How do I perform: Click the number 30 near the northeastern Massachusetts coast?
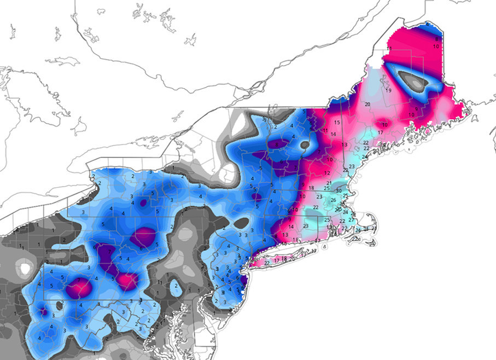click(339, 190)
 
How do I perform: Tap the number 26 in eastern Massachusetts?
click(333, 200)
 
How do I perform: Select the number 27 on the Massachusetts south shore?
click(351, 219)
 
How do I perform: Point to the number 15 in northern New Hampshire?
click(337, 122)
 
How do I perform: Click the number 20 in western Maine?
click(367, 104)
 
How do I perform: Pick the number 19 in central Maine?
click(388, 90)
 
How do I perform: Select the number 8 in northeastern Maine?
click(437, 39)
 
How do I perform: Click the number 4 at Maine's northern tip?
click(427, 25)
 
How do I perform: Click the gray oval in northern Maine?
click(413, 81)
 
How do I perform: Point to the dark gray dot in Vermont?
click(305, 146)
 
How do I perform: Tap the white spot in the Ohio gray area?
click(25, 268)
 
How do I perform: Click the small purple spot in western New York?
click(143, 202)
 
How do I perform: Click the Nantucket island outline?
click(372, 245)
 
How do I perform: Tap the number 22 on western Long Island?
click(267, 263)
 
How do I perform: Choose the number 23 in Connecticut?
click(306, 225)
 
